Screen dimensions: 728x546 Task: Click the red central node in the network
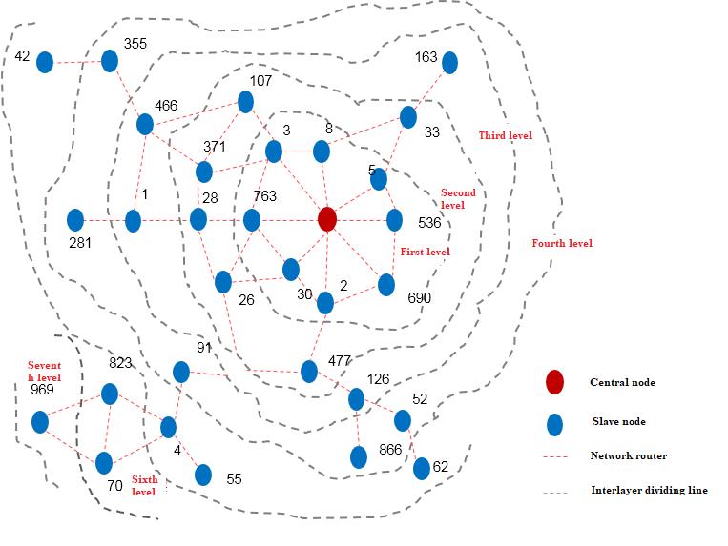327,219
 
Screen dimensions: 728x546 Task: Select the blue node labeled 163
449,63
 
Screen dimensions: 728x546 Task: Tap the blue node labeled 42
45,62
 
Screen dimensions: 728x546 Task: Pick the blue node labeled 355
110,61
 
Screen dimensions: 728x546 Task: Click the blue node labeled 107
245,102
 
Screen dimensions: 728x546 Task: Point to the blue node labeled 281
75,220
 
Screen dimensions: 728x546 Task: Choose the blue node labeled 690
386,285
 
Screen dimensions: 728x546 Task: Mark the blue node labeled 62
422,469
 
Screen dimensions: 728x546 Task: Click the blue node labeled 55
203,475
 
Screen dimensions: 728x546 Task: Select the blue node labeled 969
40,422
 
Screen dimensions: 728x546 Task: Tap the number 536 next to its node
429,223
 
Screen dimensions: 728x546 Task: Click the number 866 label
390,449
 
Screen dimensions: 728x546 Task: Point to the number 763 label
265,196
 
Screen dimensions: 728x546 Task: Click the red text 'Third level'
506,135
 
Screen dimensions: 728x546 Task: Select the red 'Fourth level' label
562,243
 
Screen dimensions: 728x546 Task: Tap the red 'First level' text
425,252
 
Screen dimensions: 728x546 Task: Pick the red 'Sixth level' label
144,485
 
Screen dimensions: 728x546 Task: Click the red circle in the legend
554,382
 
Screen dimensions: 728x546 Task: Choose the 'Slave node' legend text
619,421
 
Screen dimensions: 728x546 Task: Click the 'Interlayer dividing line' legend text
649,490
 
